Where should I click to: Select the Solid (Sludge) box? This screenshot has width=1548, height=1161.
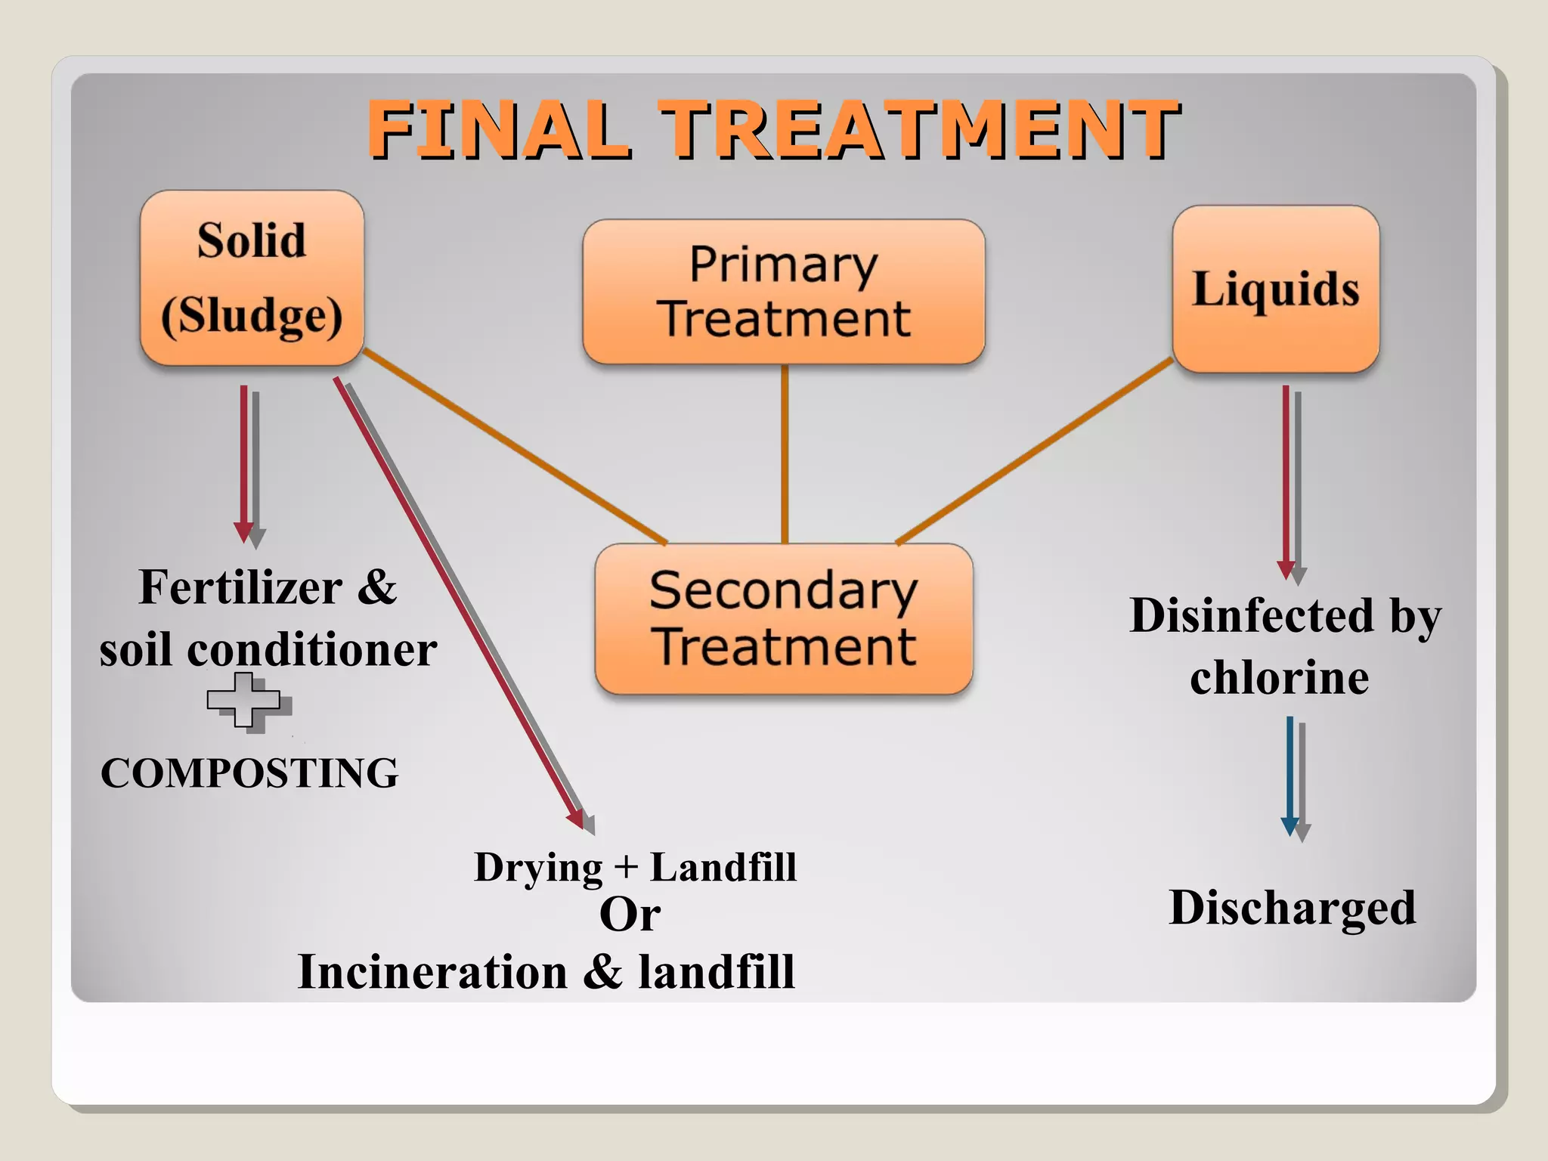[252, 278]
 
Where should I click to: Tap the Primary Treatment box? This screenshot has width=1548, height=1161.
[784, 292]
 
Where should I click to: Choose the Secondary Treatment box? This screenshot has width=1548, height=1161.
[784, 619]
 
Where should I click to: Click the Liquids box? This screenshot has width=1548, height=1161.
[1276, 289]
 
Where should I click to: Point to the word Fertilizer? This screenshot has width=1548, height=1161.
[240, 587]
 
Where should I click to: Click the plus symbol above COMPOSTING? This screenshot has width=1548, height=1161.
[243, 700]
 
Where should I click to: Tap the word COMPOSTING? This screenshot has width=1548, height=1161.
[249, 773]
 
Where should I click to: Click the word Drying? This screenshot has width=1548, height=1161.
[538, 868]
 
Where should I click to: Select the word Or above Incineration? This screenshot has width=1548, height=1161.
[630, 915]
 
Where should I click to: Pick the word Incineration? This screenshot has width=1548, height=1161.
[432, 972]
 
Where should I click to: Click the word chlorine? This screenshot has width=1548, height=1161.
[1279, 677]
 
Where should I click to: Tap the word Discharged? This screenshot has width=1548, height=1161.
[1293, 907]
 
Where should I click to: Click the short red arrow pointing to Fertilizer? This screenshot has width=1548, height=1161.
[243, 461]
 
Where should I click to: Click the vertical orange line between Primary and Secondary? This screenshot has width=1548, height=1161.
[785, 454]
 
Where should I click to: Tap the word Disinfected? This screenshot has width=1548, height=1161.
[1251, 615]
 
